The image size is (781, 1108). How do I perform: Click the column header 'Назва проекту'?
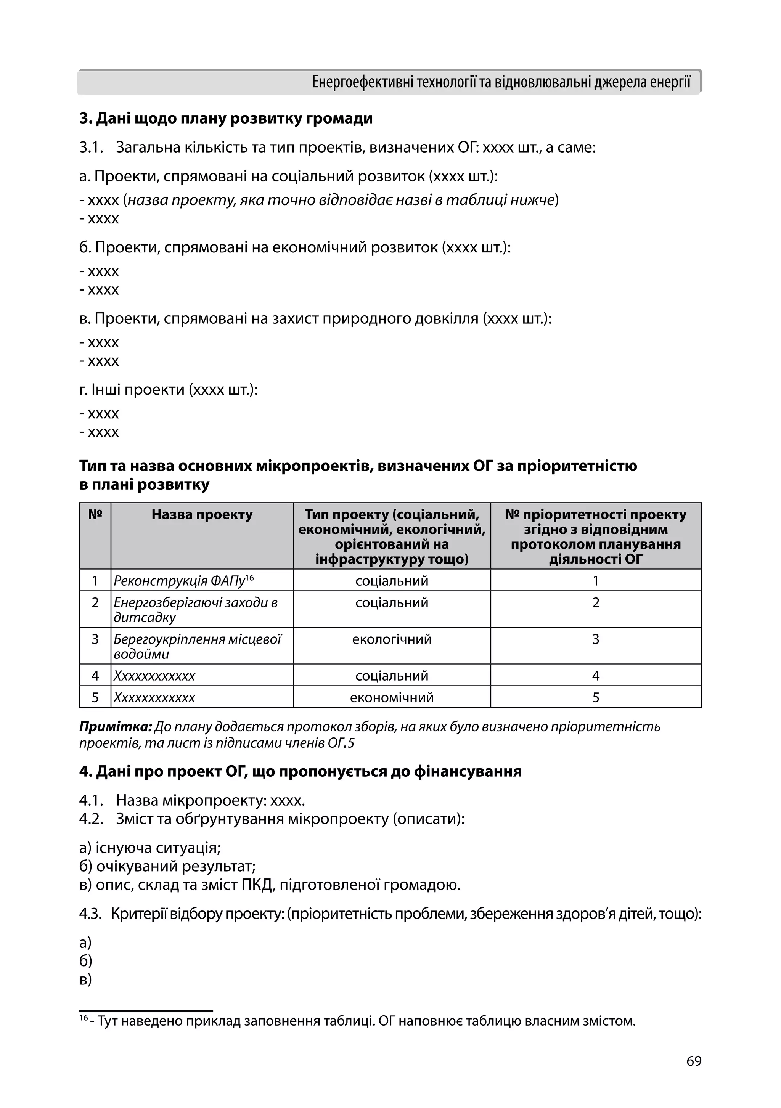(x=202, y=514)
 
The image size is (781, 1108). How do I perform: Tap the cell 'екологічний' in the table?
(x=392, y=639)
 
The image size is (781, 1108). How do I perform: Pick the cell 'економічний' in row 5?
(x=392, y=697)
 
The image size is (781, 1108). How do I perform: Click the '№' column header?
(x=95, y=514)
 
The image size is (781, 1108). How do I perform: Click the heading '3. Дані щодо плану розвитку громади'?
(x=226, y=118)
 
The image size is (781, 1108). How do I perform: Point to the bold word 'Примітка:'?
(x=116, y=727)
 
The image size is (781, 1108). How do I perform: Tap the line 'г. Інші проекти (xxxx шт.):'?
(x=169, y=389)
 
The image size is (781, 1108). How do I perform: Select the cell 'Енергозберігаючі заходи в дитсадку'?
(x=196, y=610)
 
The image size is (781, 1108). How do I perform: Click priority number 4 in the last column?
(x=596, y=676)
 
